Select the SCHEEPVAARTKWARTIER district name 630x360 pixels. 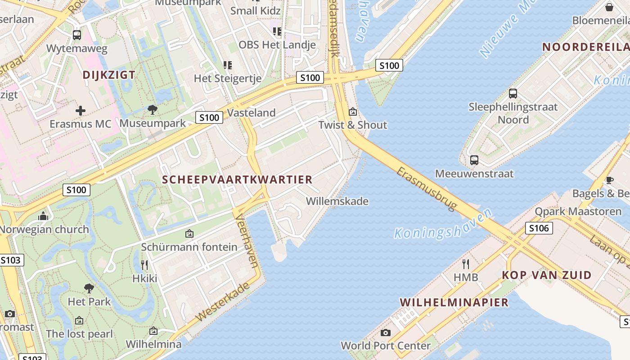click(237, 180)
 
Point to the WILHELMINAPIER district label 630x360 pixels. click(454, 302)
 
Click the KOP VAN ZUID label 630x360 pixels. click(547, 275)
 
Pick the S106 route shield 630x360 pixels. click(539, 228)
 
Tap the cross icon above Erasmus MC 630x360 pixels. click(81, 111)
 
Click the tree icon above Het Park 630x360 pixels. click(89, 288)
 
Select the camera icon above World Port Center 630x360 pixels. click(386, 333)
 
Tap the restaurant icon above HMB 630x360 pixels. click(466, 264)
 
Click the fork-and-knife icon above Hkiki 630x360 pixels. click(144, 265)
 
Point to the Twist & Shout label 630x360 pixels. click(353, 125)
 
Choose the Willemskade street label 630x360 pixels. click(337, 201)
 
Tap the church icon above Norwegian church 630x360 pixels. click(43, 216)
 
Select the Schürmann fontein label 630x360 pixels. click(189, 247)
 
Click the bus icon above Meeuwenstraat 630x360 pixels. click(474, 160)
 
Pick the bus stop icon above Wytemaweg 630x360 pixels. click(77, 35)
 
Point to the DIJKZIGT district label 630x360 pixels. click(109, 75)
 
